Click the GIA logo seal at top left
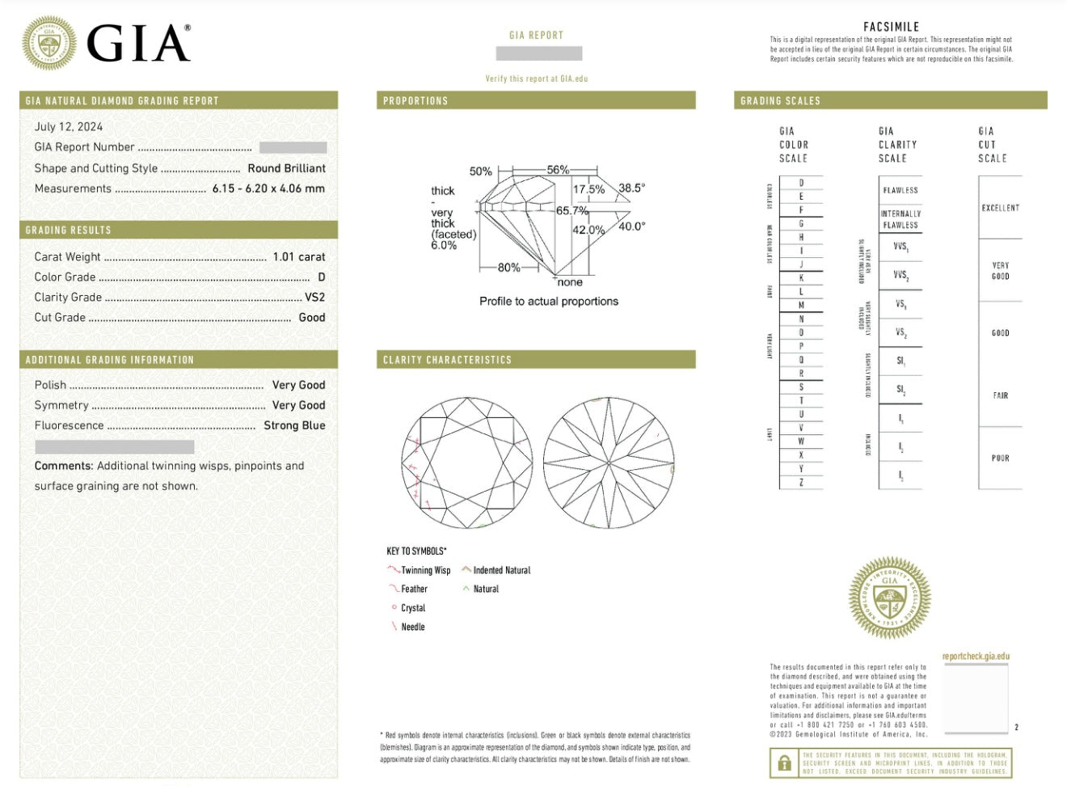[x=48, y=43]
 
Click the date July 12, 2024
[x=69, y=127]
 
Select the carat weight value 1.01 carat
[x=298, y=257]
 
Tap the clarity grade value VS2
[x=314, y=298]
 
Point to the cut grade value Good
[x=311, y=318]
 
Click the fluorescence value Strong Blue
[x=294, y=425]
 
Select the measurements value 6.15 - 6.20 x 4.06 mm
[x=268, y=188]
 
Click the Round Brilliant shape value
[x=286, y=168]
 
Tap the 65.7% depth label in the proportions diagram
[x=571, y=210]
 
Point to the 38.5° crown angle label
[x=631, y=188]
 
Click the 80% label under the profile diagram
[x=508, y=268]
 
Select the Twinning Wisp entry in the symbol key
[x=425, y=570]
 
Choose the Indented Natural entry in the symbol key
[x=501, y=570]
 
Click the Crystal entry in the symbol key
[x=412, y=608]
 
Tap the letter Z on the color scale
[x=801, y=482]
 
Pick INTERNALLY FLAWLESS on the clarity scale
[x=900, y=219]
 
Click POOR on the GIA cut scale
[x=1000, y=458]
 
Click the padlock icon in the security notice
[x=783, y=763]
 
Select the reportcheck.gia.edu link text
[x=976, y=657]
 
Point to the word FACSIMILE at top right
[x=891, y=27]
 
